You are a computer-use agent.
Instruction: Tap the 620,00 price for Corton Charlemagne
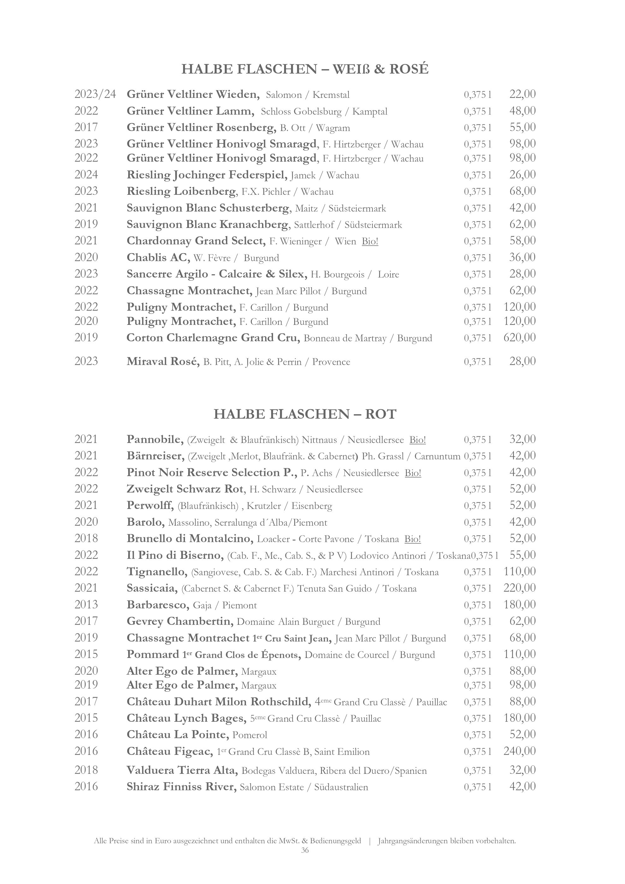tap(519, 338)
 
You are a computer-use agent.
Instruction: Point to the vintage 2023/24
tap(95, 94)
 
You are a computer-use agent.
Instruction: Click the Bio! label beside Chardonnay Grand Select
tap(370, 242)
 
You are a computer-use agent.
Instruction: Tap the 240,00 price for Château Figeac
tap(519, 751)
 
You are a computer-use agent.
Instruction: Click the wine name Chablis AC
tap(158, 258)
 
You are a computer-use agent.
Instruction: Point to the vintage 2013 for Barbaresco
tap(86, 605)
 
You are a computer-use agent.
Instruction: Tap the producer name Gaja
tap(202, 606)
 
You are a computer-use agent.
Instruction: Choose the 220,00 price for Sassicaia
tap(519, 588)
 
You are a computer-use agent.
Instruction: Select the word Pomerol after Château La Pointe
tap(250, 735)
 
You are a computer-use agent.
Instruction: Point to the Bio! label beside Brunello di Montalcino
tap(413, 539)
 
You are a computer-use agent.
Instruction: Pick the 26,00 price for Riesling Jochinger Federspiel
tap(522, 175)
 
